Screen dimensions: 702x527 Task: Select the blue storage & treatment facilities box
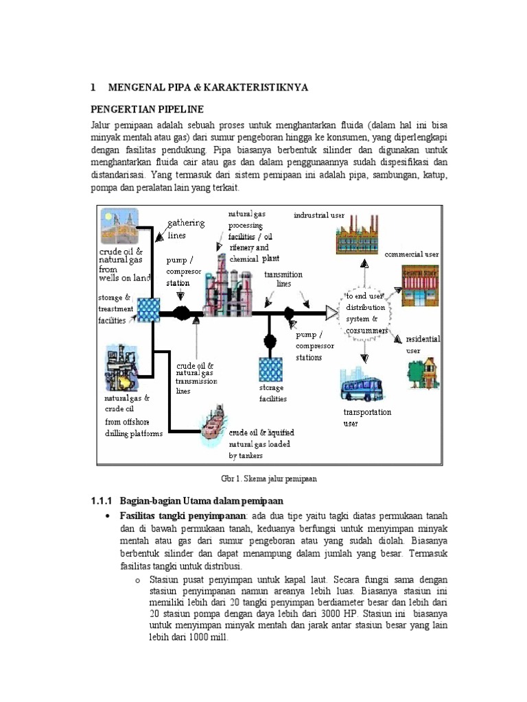click(148, 310)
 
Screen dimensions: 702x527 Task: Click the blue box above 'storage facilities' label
click(271, 370)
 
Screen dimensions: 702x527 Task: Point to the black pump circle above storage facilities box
click(270, 340)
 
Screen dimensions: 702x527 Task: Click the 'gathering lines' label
click(187, 229)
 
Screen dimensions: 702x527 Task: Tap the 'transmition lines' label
click(283, 278)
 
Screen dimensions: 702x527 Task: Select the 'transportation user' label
click(367, 417)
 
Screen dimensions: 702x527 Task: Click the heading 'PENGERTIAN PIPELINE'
click(148, 110)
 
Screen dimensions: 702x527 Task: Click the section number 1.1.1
click(104, 501)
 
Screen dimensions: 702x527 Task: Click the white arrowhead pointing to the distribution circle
click(332, 313)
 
